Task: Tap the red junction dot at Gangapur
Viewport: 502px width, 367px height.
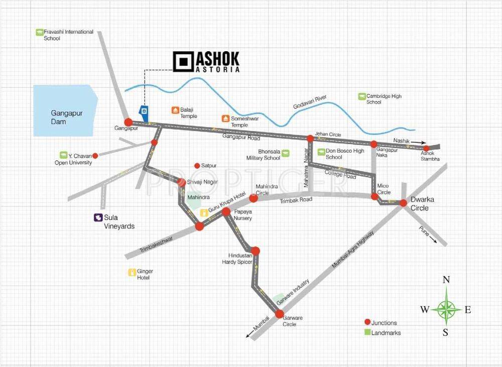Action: coord(129,122)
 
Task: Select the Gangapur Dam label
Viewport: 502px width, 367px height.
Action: coord(66,117)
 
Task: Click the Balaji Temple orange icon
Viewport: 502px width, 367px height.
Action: coord(175,110)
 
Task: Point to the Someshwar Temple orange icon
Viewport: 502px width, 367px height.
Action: coord(225,119)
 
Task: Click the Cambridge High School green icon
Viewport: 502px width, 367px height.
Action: coord(361,96)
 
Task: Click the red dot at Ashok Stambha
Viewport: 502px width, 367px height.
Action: coord(426,148)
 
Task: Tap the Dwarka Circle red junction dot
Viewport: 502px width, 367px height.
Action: coord(403,203)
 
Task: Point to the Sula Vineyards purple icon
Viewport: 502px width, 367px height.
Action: coord(97,218)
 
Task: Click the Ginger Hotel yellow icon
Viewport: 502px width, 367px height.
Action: coord(132,273)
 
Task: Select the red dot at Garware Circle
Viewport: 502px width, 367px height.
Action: coord(279,314)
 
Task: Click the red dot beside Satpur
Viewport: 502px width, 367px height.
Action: coord(197,165)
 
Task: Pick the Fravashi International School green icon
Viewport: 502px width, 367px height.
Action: coord(39,33)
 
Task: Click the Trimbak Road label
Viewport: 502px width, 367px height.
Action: coord(299,200)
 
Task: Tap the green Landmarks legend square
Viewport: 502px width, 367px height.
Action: coord(367,332)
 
